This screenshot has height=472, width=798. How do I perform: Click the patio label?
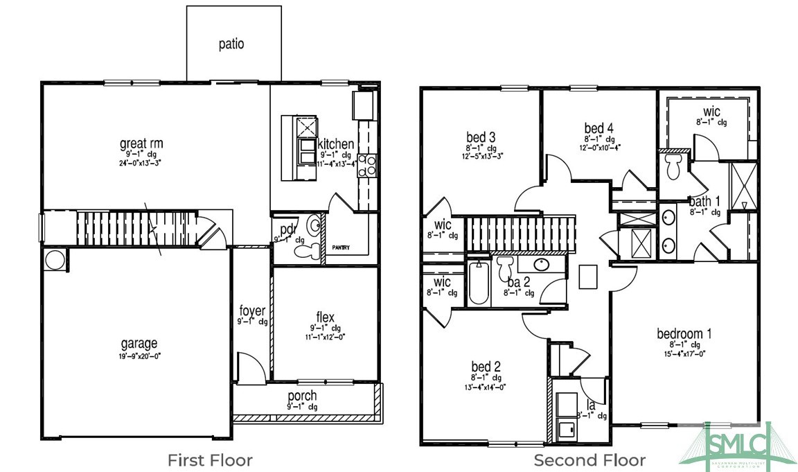[x=231, y=44]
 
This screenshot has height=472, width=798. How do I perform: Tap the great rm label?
[x=141, y=144]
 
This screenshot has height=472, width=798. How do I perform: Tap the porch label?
[x=302, y=396]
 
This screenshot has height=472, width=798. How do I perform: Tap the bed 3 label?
[x=481, y=136]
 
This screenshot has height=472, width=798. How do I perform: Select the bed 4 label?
[x=598, y=128]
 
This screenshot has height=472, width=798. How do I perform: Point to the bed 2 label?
[x=486, y=367]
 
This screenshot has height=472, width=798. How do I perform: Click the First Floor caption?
[x=211, y=460]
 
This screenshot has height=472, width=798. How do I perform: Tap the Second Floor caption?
[x=589, y=460]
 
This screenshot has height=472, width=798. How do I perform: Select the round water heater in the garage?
[x=54, y=261]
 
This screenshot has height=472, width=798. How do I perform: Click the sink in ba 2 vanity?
[x=542, y=265]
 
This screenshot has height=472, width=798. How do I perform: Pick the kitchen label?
[x=337, y=144]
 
